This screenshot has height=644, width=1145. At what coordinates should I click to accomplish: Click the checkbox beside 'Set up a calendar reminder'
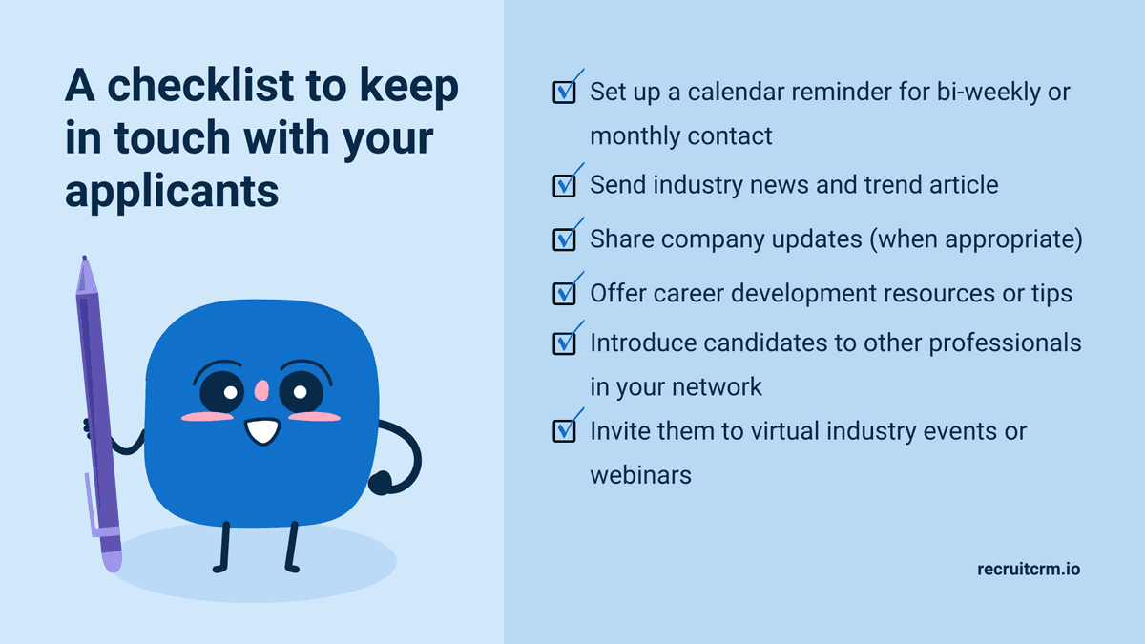(x=564, y=93)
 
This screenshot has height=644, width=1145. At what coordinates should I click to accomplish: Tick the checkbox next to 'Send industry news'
(x=564, y=186)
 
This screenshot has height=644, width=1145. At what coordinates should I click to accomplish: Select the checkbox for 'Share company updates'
(x=564, y=239)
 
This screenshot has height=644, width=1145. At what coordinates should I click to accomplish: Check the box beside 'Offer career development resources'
(x=564, y=294)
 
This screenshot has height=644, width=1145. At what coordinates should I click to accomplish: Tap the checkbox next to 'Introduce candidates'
(x=564, y=343)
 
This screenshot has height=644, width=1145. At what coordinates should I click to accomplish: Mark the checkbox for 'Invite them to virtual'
(x=564, y=431)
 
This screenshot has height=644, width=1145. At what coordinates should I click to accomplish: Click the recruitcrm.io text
(x=1029, y=569)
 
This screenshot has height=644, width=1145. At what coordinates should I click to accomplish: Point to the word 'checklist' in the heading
(x=200, y=85)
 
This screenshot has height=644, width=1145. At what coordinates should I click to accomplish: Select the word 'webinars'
(x=640, y=475)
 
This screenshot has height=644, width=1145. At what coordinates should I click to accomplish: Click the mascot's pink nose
(x=261, y=390)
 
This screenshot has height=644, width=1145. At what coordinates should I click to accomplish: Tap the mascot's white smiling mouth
(x=262, y=431)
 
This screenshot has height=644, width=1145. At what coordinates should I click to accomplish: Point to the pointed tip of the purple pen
(x=84, y=258)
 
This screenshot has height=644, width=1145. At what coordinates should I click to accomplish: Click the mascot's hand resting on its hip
(x=380, y=483)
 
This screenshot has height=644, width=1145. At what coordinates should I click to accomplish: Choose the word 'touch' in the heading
(x=173, y=138)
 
